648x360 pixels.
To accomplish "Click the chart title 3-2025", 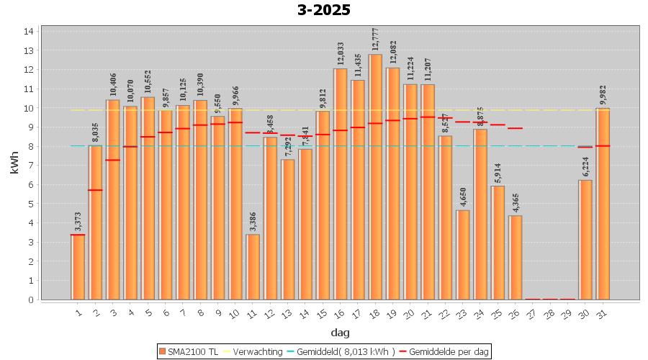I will pyautogui.click(x=324, y=10).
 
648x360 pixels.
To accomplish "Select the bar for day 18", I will pyautogui.click(x=375, y=177).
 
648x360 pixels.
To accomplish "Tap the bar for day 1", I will pyautogui.click(x=78, y=267).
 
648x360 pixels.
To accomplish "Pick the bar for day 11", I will pyautogui.click(x=253, y=267).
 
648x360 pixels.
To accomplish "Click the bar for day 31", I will pyautogui.click(x=603, y=204).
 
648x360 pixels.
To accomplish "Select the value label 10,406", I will pyautogui.click(x=113, y=86).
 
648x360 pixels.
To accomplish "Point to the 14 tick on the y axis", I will pyautogui.click(x=30, y=32).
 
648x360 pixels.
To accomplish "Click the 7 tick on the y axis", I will pyautogui.click(x=30, y=166).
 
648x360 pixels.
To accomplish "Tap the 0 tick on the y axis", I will pyautogui.click(x=30, y=300).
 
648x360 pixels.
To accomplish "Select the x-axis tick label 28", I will pyautogui.click(x=549, y=312).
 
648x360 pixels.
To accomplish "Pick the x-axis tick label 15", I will pyautogui.click(x=322, y=312).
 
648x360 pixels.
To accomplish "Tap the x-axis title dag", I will pyautogui.click(x=340, y=332).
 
